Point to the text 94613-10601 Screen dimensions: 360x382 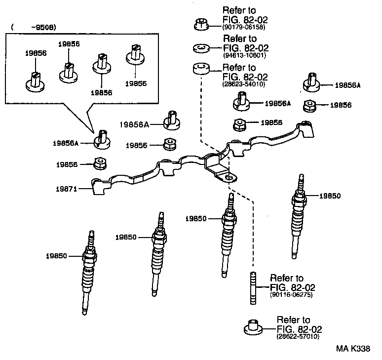point(244,55)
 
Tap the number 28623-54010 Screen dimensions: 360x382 point(245,84)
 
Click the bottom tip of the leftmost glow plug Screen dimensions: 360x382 point(85,313)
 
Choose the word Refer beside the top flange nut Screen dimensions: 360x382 point(233,10)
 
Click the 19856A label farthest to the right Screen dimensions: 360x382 point(348,85)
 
